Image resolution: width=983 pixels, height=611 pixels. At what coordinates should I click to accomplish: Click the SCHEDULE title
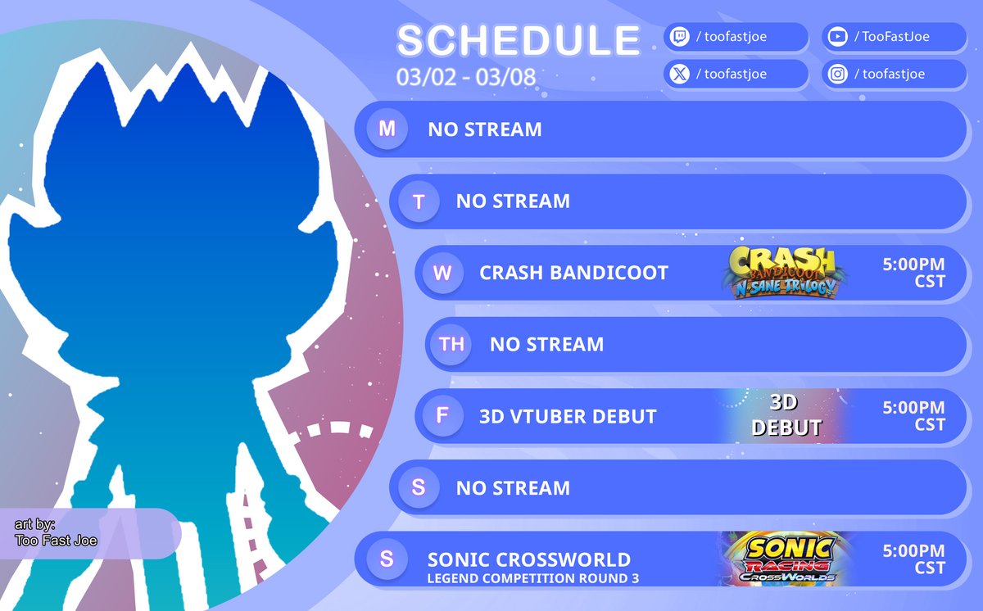[518, 41]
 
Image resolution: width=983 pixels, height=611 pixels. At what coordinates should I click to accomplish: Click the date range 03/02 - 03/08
[466, 78]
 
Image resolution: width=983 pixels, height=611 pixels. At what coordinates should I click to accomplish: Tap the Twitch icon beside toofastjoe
[680, 37]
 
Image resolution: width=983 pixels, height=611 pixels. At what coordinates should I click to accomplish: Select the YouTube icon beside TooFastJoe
[837, 37]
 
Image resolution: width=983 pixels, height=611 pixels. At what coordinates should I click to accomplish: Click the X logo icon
[680, 74]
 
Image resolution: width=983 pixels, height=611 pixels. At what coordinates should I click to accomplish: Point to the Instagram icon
[837, 74]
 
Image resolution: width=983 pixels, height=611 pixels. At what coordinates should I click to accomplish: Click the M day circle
[387, 129]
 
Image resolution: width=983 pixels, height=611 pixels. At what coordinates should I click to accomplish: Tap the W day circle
[442, 273]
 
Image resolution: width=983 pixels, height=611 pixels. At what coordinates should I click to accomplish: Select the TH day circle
[451, 344]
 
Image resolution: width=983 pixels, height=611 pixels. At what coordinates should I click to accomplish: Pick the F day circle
[442, 416]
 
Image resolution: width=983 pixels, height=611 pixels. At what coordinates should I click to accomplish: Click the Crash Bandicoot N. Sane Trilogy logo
[784, 272]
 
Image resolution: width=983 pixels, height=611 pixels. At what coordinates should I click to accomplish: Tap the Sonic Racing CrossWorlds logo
[786, 559]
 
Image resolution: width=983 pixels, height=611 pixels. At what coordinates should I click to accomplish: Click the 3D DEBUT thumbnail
[786, 415]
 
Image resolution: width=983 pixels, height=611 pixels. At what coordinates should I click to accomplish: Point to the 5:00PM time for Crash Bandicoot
[913, 265]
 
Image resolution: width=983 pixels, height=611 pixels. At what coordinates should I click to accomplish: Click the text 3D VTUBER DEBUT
[568, 417]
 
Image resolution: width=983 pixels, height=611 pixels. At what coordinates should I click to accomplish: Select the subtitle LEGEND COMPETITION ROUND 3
[533, 579]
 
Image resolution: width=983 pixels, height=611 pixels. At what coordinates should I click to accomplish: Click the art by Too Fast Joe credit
[56, 532]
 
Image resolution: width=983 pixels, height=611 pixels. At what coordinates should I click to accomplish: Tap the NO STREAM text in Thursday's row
[546, 345]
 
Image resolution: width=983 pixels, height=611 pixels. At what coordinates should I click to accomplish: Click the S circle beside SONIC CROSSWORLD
[387, 559]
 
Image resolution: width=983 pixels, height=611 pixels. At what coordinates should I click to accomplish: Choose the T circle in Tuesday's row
[419, 201]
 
